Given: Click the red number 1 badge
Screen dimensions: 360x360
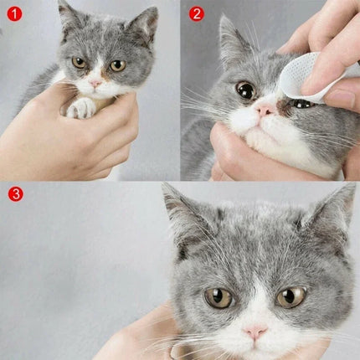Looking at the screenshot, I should [x=13, y=13].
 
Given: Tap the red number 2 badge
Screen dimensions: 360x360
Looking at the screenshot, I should [x=197, y=13].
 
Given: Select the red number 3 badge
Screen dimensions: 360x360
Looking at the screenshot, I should [x=14, y=194].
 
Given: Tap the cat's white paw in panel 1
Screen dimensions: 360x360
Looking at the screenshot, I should [x=81, y=107].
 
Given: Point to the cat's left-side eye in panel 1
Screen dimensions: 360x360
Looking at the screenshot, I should [x=80, y=62].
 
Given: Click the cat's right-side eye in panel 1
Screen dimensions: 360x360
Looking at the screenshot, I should [x=116, y=65].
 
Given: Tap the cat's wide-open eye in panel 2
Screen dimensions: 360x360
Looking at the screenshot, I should [x=245, y=90].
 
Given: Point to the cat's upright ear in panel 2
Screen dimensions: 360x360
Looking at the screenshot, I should [x=230, y=38].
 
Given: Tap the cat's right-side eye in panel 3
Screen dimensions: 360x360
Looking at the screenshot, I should [x=291, y=296].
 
